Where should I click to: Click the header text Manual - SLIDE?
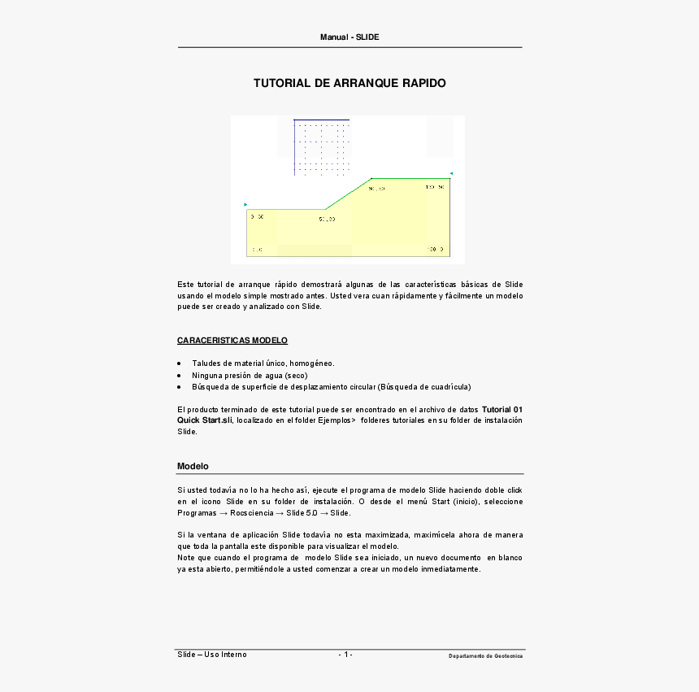point(349,37)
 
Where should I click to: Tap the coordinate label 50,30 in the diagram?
point(327,219)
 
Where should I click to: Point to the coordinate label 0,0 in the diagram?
point(256,250)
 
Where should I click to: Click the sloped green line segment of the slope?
point(349,194)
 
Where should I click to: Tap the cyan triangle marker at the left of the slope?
point(245,204)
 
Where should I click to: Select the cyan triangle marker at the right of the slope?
point(451,173)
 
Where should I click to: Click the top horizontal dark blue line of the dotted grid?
point(322,120)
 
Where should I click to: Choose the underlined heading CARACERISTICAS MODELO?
point(232,340)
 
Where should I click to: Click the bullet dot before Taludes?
point(180,363)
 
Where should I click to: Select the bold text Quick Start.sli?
point(204,420)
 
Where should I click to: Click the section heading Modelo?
point(193,466)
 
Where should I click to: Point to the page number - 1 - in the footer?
point(345,655)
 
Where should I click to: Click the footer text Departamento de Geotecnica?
point(485,656)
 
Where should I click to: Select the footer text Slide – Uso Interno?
point(212,655)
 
